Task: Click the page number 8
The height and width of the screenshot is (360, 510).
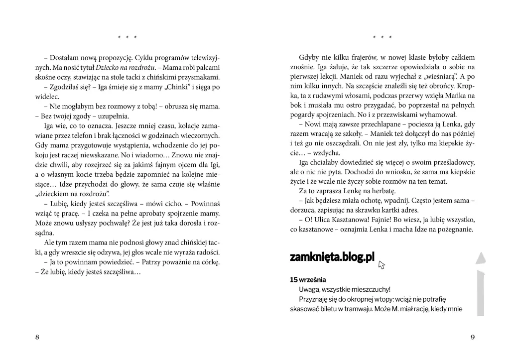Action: click(x=37, y=337)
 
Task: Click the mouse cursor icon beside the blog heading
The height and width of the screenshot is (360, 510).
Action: click(x=382, y=265)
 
